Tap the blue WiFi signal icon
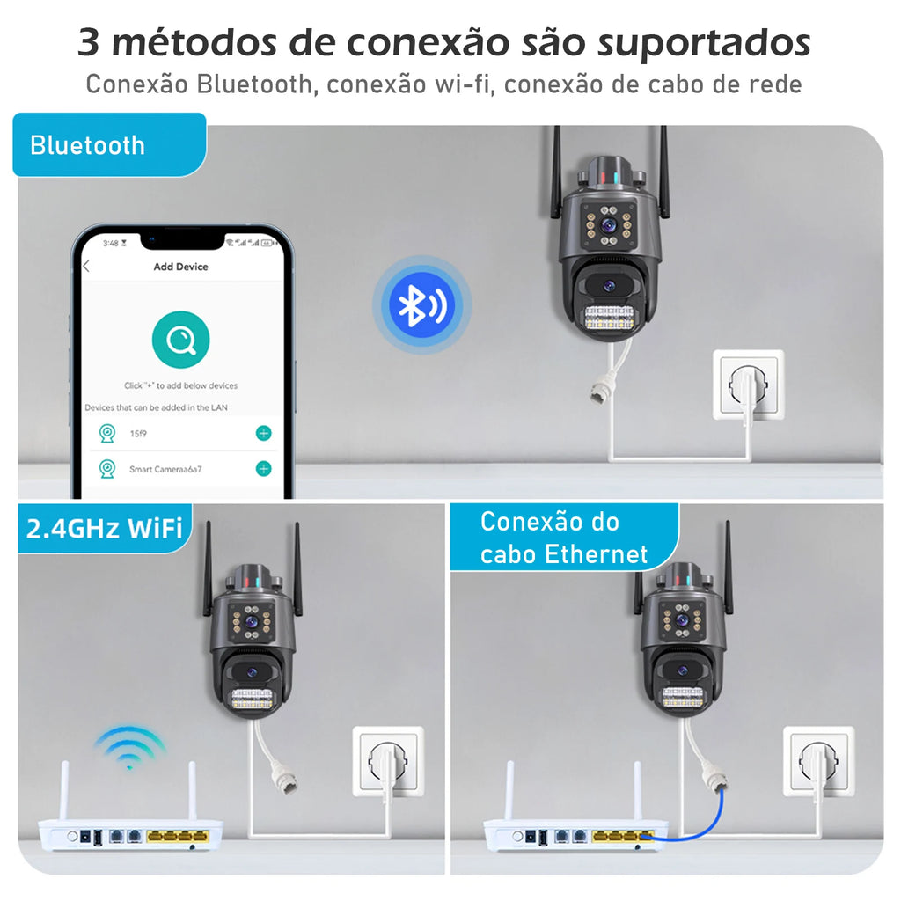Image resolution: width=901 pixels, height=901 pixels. (130, 748)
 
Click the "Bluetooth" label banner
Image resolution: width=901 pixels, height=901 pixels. (88, 145)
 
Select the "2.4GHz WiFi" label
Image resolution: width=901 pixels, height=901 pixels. (104, 528)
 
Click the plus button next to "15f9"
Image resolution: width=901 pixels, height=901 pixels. (263, 433)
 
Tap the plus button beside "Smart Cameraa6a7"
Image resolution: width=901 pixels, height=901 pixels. (263, 469)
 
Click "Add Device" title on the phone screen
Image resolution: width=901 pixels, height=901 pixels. (180, 267)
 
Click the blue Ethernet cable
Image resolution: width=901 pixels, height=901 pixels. (695, 823)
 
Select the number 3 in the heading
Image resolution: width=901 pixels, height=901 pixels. (88, 41)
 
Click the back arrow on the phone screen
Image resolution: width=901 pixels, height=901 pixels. (86, 267)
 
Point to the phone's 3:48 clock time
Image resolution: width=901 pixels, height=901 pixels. (110, 242)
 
